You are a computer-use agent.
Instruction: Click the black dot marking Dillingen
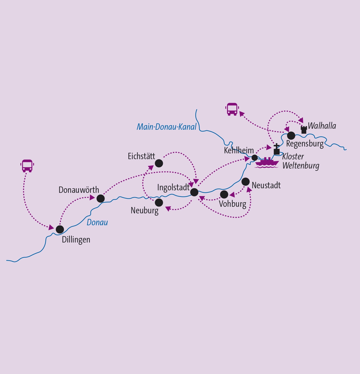pyautogui.click(x=60, y=229)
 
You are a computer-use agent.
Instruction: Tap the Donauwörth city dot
pyautogui.click(x=100, y=199)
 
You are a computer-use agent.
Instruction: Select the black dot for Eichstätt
pyautogui.click(x=159, y=163)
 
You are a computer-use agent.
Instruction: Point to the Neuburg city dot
pyautogui.click(x=159, y=202)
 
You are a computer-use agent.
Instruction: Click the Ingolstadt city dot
pyautogui.click(x=194, y=192)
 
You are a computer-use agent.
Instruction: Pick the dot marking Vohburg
pyautogui.click(x=224, y=195)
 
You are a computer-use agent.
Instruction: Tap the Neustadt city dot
pyautogui.click(x=246, y=182)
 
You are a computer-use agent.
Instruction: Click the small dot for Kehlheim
pyautogui.click(x=254, y=158)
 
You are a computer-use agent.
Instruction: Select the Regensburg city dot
pyautogui.click(x=291, y=136)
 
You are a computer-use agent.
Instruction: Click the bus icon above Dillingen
pyautogui.click(x=27, y=166)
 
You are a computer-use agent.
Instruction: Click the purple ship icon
pyautogui.click(x=267, y=163)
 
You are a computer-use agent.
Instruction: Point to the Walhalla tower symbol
pyautogui.click(x=304, y=130)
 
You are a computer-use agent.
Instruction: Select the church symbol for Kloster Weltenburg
pyautogui.click(x=277, y=149)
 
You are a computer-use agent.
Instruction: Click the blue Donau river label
pyautogui.click(x=97, y=222)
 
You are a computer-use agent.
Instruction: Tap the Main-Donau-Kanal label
pyautogui.click(x=167, y=127)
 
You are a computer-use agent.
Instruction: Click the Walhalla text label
pyautogui.click(x=322, y=126)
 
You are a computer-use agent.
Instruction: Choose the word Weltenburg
pyautogui.click(x=301, y=166)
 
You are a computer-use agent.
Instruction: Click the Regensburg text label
pyautogui.click(x=305, y=144)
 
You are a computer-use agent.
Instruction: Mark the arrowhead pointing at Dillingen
pyautogui.click(x=51, y=227)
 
